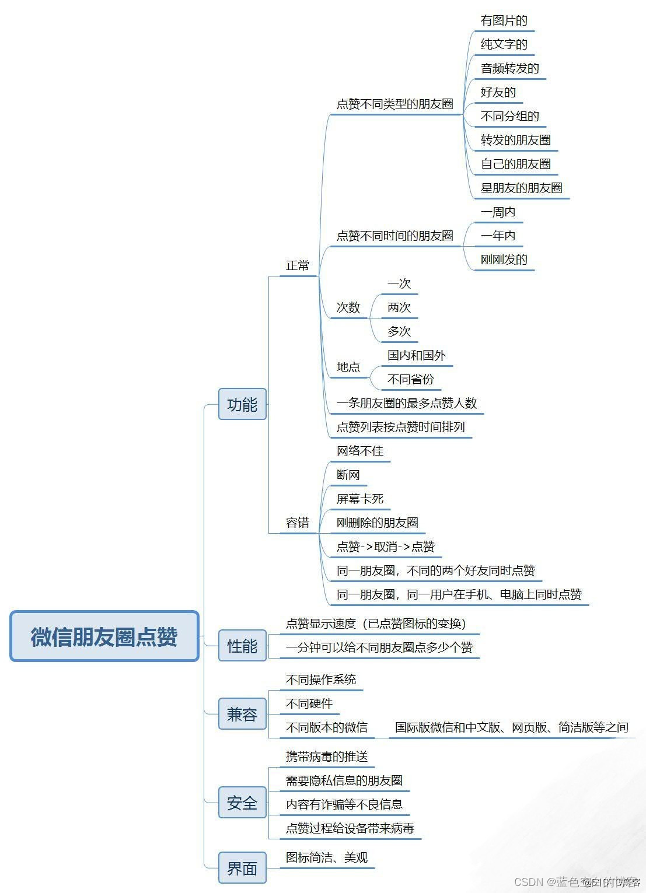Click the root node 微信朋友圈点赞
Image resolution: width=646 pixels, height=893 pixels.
pos(104,636)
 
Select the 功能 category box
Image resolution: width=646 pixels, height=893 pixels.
pos(242,404)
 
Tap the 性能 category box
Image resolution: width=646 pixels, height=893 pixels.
pos(242,646)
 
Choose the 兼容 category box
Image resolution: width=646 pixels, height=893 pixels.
pos(242,714)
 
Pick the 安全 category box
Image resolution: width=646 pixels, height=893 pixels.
pos(242,803)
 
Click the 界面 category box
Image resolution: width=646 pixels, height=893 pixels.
pos(242,868)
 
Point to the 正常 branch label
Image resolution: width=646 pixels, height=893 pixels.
pos(298,266)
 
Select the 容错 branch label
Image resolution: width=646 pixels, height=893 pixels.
pos(298,523)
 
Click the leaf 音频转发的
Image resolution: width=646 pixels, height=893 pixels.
pos(509,69)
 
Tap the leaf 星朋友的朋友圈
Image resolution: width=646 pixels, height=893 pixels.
pos(521,188)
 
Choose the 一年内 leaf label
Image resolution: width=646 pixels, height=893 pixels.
pos(498,236)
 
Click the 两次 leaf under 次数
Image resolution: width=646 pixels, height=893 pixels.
pos(399,307)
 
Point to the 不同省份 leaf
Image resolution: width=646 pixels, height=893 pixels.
pos(411,379)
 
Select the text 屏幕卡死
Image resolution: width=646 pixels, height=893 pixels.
pos(360,499)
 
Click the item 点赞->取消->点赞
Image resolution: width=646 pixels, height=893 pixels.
pos(386,547)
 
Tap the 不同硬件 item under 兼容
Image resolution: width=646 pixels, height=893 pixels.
pos(309,703)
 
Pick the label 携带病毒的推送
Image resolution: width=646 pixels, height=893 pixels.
pos(327,757)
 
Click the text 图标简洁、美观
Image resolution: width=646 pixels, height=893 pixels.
pos(327,857)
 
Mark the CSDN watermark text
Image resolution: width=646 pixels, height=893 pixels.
pos(577,882)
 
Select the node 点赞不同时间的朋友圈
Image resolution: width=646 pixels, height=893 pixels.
pos(395,236)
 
